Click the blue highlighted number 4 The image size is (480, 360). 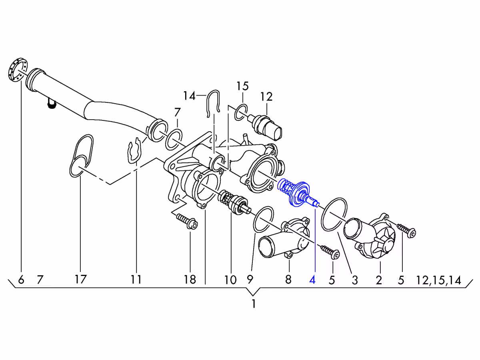point(312,280)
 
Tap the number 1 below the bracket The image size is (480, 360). point(254,304)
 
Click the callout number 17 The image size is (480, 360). point(81,279)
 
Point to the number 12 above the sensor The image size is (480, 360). point(266,96)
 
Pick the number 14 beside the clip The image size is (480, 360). point(189,96)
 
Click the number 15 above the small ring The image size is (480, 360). point(242,86)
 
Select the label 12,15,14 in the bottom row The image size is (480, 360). point(439,280)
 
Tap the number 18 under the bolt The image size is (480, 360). point(190,279)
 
